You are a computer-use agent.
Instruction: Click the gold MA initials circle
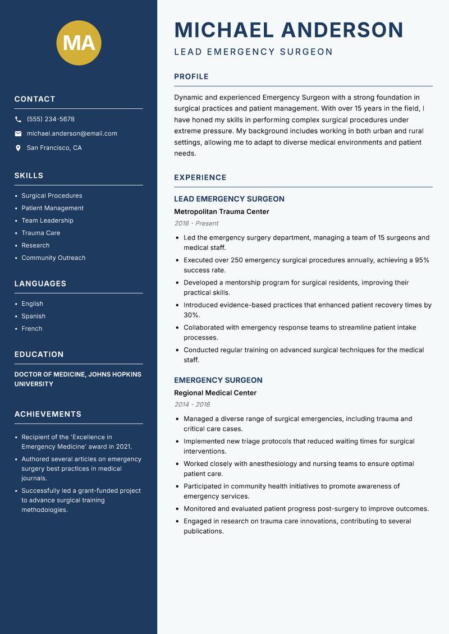(x=79, y=43)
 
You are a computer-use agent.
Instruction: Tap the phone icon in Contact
(x=18, y=120)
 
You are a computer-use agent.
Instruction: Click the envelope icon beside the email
(x=18, y=134)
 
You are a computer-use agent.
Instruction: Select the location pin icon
(x=18, y=148)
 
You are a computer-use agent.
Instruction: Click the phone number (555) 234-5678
(x=51, y=120)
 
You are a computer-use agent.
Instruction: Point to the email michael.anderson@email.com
(x=72, y=134)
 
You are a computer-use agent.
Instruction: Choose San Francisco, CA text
(x=54, y=148)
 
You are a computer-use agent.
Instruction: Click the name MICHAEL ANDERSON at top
(x=289, y=30)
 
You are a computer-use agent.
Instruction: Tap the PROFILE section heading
(x=191, y=77)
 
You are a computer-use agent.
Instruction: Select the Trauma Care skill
(x=40, y=233)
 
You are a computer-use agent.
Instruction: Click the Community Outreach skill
(x=53, y=258)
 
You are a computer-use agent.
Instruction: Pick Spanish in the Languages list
(x=33, y=316)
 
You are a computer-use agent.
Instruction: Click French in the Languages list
(x=31, y=329)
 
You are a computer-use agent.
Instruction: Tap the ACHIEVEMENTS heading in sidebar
(x=48, y=414)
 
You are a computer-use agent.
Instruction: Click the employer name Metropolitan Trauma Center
(x=222, y=212)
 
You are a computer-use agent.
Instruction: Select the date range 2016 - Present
(x=196, y=223)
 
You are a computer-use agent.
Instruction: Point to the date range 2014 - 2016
(x=192, y=405)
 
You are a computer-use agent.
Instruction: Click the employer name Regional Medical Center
(x=215, y=393)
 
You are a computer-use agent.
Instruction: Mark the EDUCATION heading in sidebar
(x=39, y=355)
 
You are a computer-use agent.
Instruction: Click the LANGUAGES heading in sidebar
(x=40, y=284)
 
